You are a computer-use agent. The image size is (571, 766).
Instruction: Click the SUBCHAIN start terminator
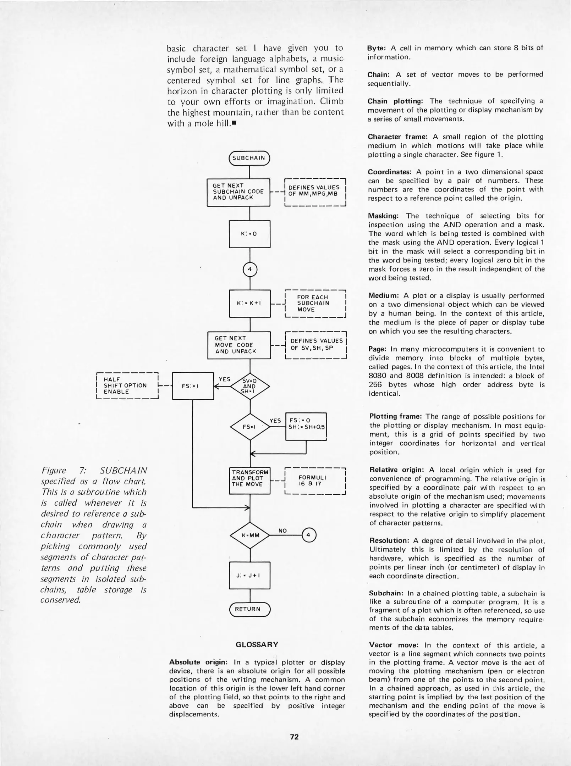[x=249, y=158]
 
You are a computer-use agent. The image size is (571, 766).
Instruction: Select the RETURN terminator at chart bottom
[x=249, y=609]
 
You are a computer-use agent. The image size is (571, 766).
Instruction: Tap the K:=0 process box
[x=250, y=234]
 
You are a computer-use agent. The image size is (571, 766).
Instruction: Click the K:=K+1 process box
[x=250, y=304]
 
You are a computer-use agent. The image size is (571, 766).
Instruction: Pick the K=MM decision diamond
[x=250, y=535]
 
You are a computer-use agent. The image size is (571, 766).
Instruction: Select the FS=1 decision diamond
[x=250, y=427]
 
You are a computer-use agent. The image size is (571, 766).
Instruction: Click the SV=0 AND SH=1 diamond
[x=250, y=386]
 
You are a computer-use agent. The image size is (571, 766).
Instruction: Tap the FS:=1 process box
[x=193, y=386]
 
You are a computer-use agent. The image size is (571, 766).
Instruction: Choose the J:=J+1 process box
[x=250, y=575]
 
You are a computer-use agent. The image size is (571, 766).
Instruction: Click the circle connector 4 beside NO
[x=308, y=535]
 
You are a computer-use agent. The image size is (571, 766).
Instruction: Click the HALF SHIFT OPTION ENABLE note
[x=127, y=386]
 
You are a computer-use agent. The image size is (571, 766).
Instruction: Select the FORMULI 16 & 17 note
[x=315, y=481]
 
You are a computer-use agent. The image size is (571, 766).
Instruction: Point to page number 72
[x=294, y=737]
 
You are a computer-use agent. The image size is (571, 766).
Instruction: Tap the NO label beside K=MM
[x=282, y=531]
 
